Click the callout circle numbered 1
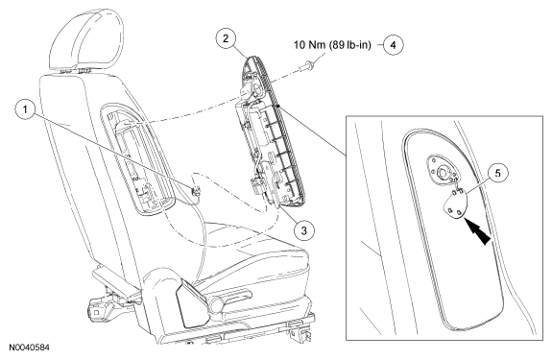pyautogui.click(x=25, y=109)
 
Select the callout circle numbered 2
pyautogui.click(x=226, y=38)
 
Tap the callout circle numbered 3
pyautogui.click(x=303, y=230)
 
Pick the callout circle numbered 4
pyautogui.click(x=394, y=45)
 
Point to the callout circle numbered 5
pyautogui.click(x=498, y=174)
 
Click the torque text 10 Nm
pyautogui.click(x=310, y=45)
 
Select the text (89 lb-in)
pyautogui.click(x=350, y=45)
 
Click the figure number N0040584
pyautogui.click(x=29, y=348)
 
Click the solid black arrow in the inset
pyautogui.click(x=477, y=230)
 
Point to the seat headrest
pyautogui.click(x=85, y=41)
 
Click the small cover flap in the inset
pyautogui.click(x=455, y=204)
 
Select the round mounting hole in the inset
pyautogui.click(x=441, y=173)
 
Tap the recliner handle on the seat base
pyautogui.click(x=226, y=301)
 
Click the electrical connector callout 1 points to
pyautogui.click(x=196, y=191)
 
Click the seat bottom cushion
pyautogui.click(x=253, y=247)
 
